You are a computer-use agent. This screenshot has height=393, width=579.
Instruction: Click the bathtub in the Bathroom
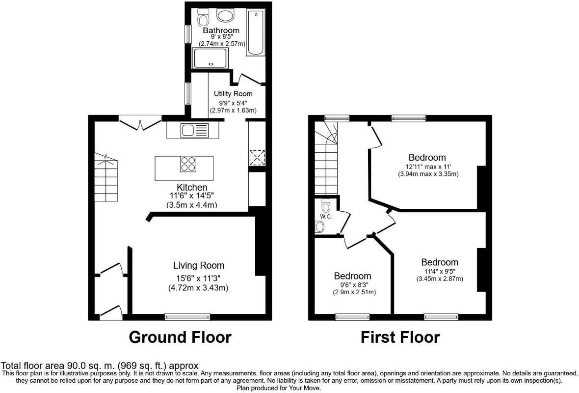point(256,33)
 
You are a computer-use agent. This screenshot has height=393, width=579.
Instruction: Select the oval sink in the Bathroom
point(225,16)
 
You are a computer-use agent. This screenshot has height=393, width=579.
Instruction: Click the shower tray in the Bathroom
point(210,58)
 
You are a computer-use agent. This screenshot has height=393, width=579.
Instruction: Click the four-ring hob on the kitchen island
point(188,164)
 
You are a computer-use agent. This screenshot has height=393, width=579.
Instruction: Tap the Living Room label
point(199,265)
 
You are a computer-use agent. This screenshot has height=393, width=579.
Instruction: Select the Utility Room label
point(233,94)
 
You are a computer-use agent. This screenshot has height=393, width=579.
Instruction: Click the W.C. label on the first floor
point(326,217)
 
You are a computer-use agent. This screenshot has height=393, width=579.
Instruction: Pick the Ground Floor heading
point(180,337)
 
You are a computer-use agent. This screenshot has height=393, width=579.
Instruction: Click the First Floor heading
point(400,337)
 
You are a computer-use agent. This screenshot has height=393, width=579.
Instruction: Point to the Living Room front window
point(187,317)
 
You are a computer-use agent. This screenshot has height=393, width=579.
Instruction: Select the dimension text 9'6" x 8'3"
point(354,284)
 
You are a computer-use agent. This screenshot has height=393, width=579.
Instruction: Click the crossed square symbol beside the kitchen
point(257,158)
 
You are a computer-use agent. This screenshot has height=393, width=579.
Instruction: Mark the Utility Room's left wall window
point(188,93)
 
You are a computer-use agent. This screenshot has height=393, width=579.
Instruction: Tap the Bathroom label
point(221,30)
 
